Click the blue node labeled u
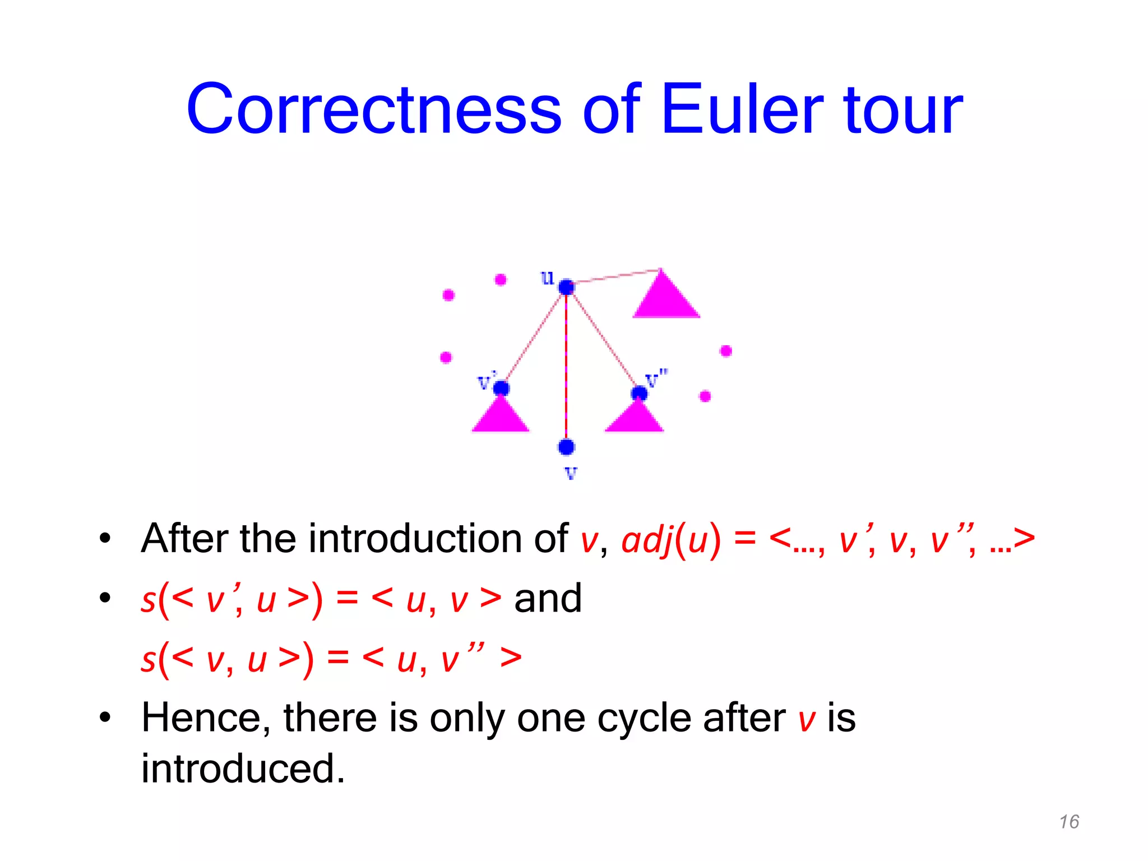pyautogui.click(x=566, y=287)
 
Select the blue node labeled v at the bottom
pyautogui.click(x=566, y=447)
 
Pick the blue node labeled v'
pyautogui.click(x=501, y=388)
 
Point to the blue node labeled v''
pyautogui.click(x=639, y=393)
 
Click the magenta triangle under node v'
pyautogui.click(x=501, y=416)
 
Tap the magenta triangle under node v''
pyautogui.click(x=635, y=418)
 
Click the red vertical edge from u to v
pyautogui.click(x=566, y=364)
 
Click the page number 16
pyautogui.click(x=1069, y=822)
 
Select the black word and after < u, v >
pyautogui.click(x=548, y=598)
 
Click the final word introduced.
pyautogui.click(x=242, y=769)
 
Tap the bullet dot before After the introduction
pyautogui.click(x=105, y=539)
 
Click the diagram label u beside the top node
pyautogui.click(x=547, y=277)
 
